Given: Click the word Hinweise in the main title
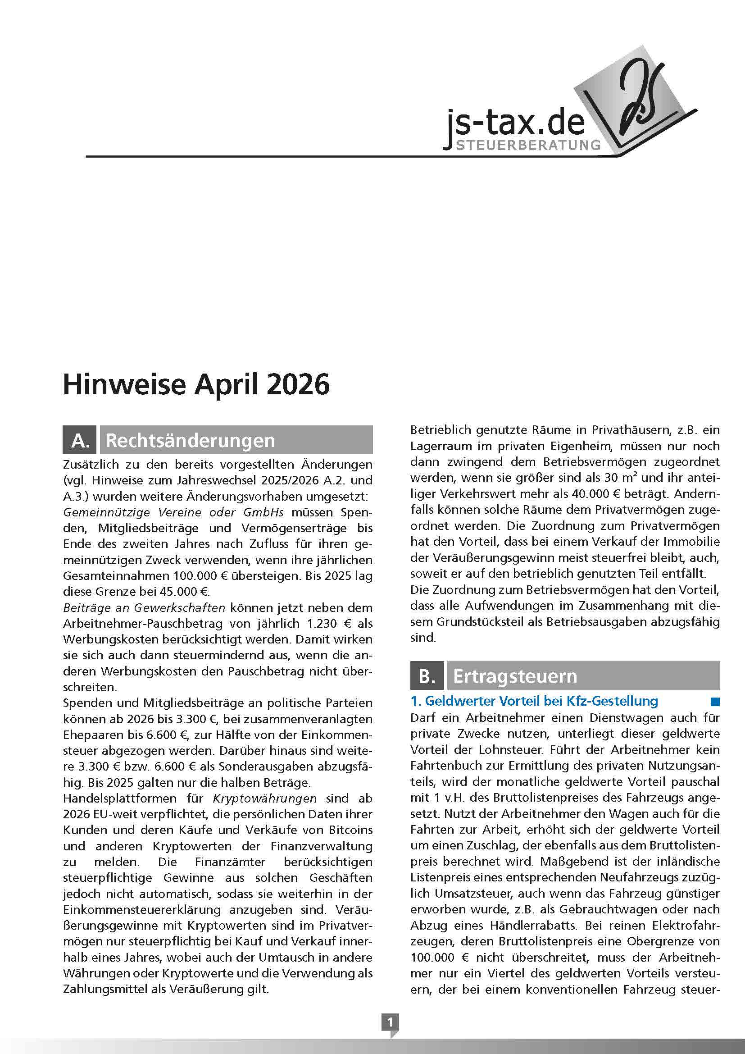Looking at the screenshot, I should click(124, 385).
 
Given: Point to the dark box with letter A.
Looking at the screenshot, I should click(80, 440).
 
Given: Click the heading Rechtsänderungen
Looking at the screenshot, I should click(191, 440).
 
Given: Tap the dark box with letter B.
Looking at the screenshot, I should click(427, 676).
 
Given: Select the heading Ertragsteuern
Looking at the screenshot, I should click(515, 676).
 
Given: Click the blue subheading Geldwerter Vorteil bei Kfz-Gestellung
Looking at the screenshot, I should click(534, 701).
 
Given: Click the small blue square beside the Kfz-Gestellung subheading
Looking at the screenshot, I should click(715, 702).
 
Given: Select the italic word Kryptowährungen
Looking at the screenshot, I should click(265, 798).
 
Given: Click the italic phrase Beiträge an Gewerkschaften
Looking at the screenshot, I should click(144, 608).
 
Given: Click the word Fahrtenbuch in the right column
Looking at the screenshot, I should click(444, 765).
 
